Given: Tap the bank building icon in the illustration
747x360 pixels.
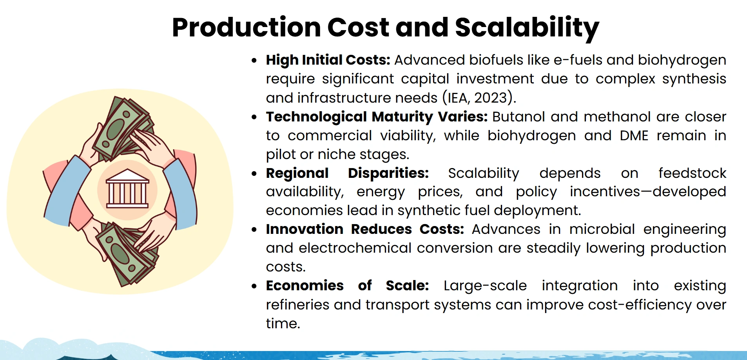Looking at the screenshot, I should pos(127,189).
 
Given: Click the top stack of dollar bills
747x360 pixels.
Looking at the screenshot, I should pos(121,127).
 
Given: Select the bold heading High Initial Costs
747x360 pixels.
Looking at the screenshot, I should pos(328,60).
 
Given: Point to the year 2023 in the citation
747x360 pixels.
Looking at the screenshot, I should pos(490,98).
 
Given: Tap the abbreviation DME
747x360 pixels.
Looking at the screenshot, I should pos(634,136).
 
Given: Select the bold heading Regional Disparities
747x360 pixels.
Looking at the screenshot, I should pos(347,173).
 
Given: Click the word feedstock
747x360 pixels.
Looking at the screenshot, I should pos(692,173).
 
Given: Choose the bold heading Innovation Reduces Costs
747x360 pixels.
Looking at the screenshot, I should pos(364,229).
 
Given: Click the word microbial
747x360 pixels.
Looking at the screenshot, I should pos(602,229).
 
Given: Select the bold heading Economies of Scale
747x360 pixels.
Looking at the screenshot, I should pos(347,286).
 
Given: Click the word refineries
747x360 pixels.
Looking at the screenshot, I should pos(297,304).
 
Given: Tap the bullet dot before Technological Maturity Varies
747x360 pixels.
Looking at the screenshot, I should pos(254,117).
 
